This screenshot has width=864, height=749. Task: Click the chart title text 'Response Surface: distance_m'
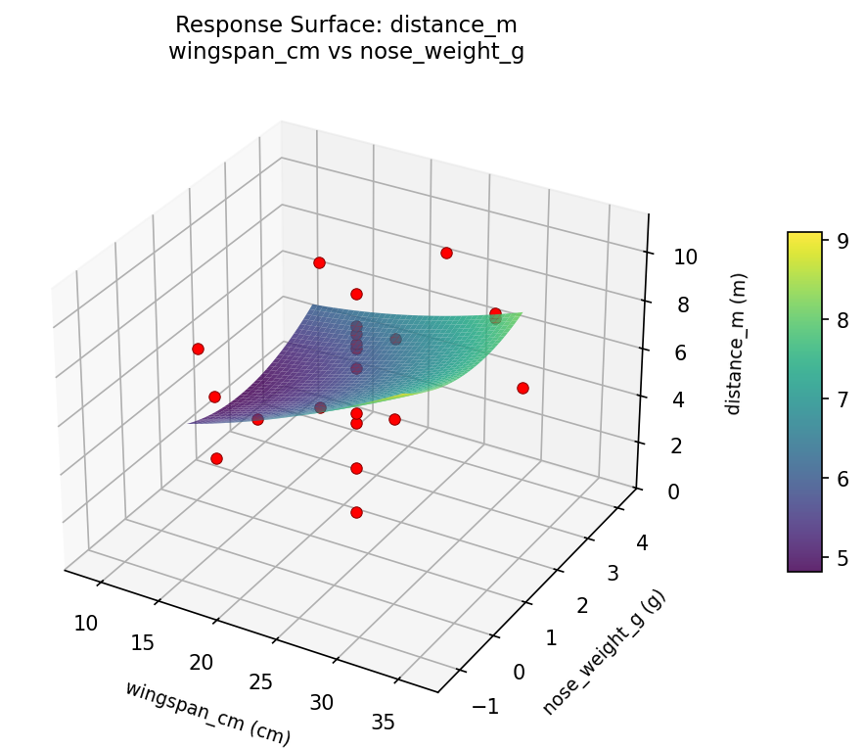pyautogui.click(x=345, y=24)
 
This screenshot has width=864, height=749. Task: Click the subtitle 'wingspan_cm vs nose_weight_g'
pyautogui.click(x=345, y=52)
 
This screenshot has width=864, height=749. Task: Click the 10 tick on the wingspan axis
pyautogui.click(x=86, y=623)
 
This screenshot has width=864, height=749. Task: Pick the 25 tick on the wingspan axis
pyautogui.click(x=261, y=681)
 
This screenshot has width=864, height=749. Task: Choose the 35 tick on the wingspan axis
pyautogui.click(x=384, y=723)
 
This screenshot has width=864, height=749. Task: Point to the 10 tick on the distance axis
pyautogui.click(x=685, y=257)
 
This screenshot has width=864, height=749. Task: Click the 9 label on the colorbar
pyautogui.click(x=841, y=239)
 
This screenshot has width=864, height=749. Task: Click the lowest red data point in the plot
pyautogui.click(x=356, y=512)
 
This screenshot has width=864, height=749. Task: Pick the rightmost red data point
pyautogui.click(x=523, y=388)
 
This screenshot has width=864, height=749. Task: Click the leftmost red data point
pyautogui.click(x=198, y=349)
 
